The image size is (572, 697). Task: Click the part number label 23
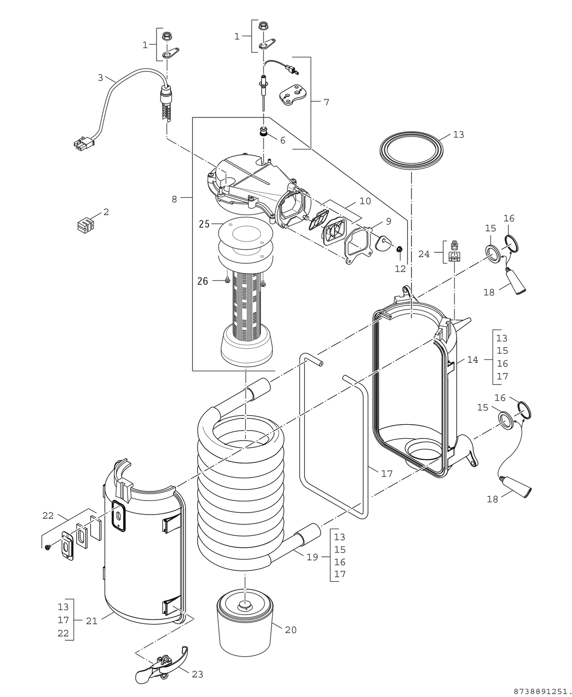(x=197, y=674)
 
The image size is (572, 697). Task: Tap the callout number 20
(x=291, y=630)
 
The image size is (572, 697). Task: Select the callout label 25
(x=204, y=224)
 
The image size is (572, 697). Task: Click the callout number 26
(x=203, y=281)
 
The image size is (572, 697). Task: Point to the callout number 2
(x=106, y=212)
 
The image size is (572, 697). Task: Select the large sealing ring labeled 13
(x=411, y=148)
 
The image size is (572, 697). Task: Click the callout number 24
(x=424, y=254)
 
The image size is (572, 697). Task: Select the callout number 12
(x=400, y=269)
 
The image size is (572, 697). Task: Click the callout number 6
(x=283, y=140)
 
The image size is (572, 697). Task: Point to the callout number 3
(x=100, y=78)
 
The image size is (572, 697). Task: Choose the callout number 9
(x=388, y=221)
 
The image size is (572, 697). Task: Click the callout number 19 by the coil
(x=312, y=557)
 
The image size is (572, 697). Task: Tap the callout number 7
(x=326, y=102)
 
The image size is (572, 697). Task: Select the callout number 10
(x=365, y=201)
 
